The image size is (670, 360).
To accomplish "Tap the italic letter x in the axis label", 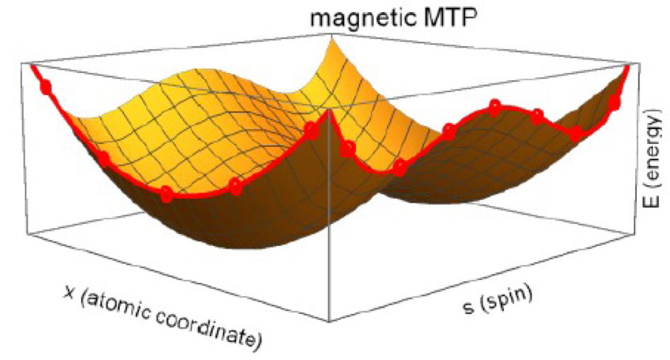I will (69, 293).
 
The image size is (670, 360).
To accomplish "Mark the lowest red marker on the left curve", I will (167, 193).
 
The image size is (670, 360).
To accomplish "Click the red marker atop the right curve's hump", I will (495, 107).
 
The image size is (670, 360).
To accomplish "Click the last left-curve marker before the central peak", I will (311, 130).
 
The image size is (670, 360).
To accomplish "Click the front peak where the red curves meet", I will (328, 111).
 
